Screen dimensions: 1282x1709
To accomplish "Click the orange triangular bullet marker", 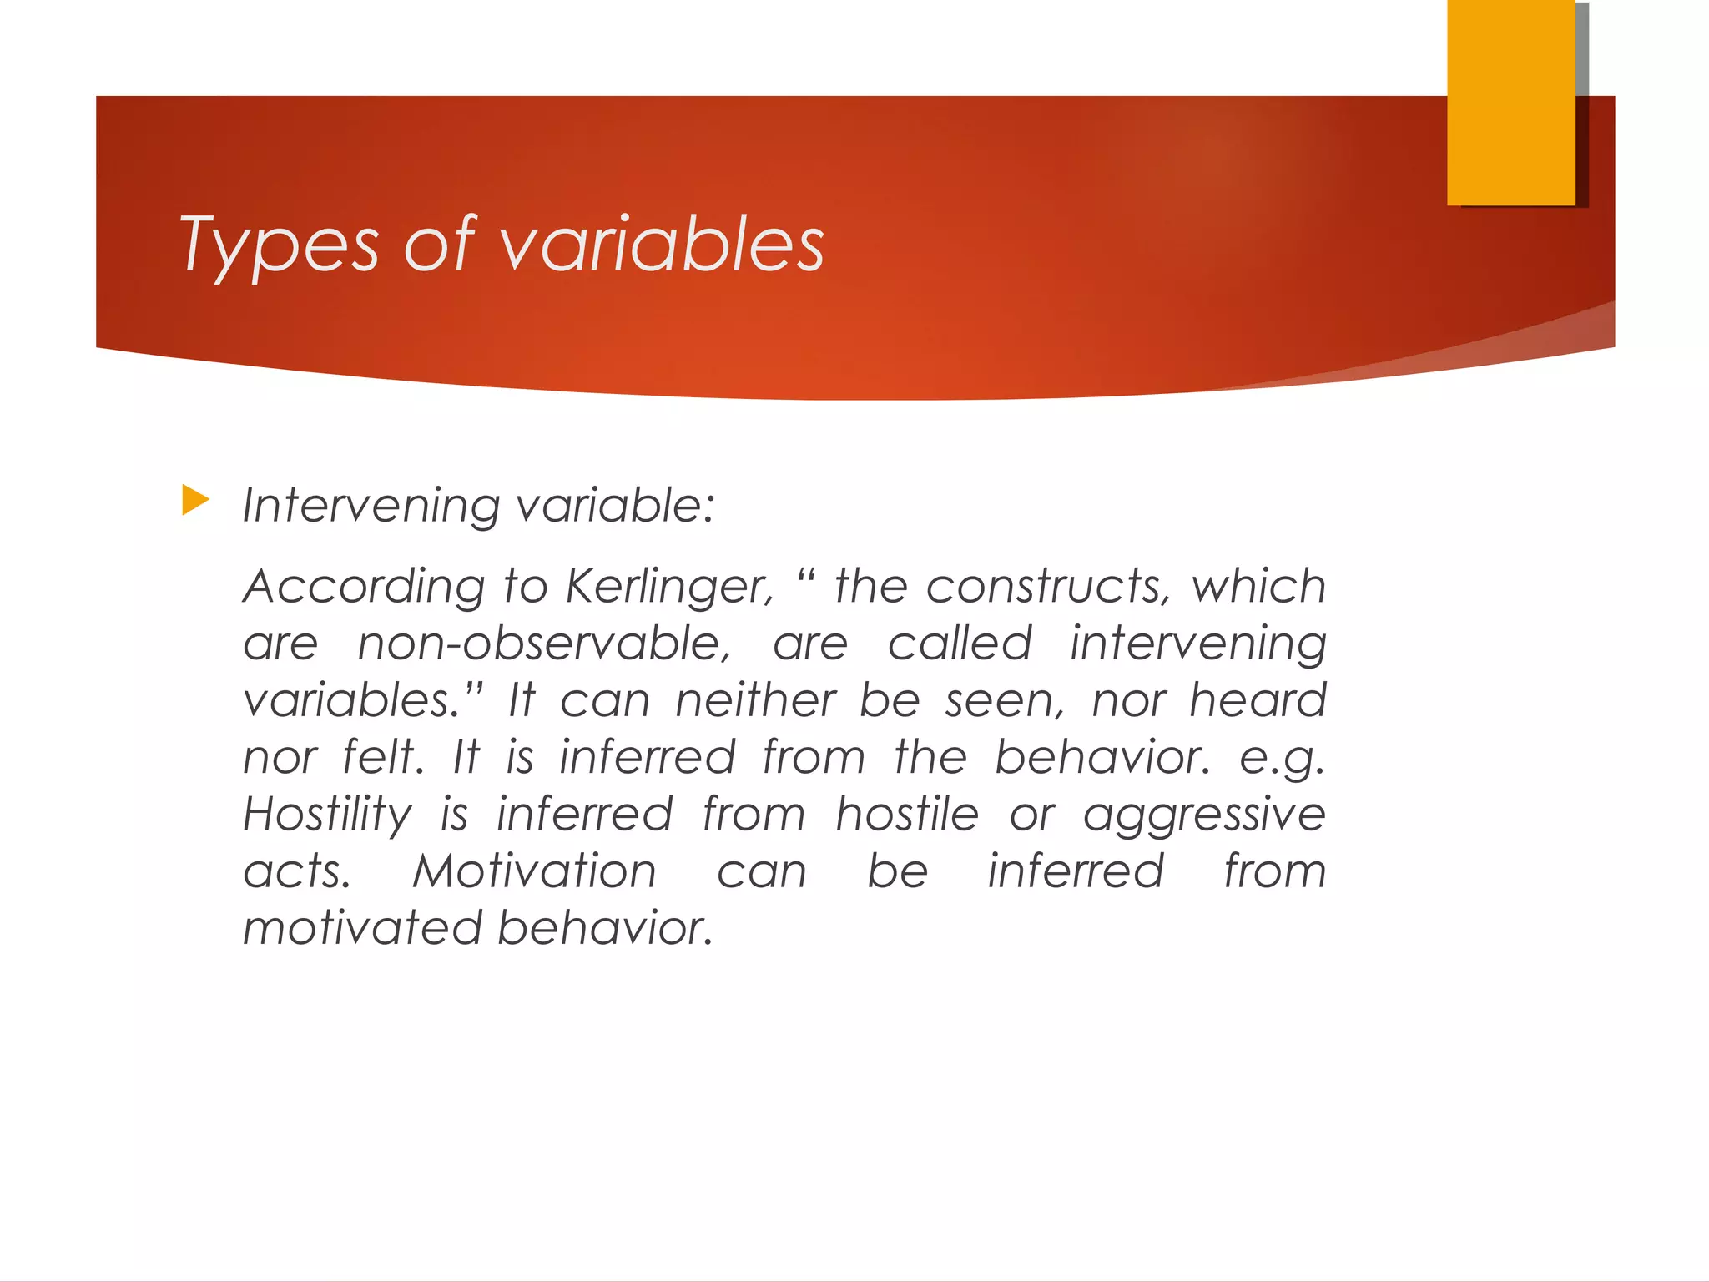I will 195,501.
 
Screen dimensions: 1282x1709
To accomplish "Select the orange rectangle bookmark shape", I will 1511,102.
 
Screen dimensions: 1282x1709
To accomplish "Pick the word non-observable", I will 544,644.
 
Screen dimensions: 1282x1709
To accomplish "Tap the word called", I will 960,644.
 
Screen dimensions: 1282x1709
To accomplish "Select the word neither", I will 755,700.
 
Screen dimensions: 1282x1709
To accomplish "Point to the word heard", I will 1258,700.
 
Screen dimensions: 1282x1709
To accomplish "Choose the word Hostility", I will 327,815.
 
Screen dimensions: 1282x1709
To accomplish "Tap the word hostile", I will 907,814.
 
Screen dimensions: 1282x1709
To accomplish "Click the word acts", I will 297,871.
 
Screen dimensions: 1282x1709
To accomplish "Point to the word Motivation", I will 535,871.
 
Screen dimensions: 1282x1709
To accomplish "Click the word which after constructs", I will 1258,586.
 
